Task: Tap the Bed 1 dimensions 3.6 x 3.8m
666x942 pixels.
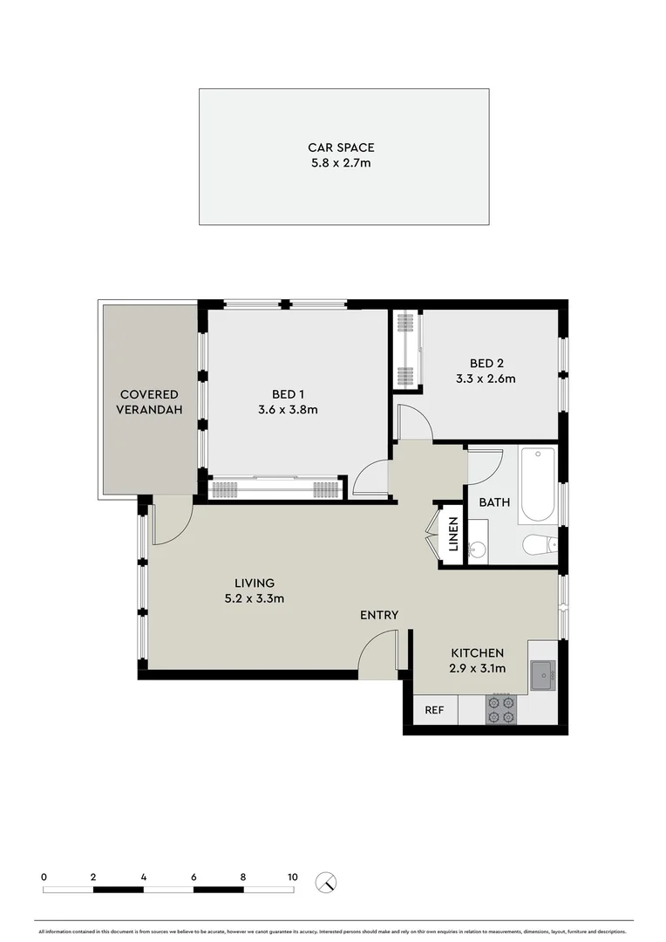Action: [288, 409]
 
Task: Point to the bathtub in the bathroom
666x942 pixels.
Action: [538, 483]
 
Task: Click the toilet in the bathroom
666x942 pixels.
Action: [539, 545]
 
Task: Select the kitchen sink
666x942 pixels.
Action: [542, 675]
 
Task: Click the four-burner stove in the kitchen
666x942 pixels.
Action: [501, 709]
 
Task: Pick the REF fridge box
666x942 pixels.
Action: [434, 710]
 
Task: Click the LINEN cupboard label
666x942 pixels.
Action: [452, 535]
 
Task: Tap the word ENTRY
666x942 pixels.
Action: [379, 615]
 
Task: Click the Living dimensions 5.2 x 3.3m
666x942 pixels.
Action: [254, 598]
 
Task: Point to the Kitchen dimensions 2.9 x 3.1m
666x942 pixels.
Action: [477, 668]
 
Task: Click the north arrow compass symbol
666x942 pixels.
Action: [326, 882]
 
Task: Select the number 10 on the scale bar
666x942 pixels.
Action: [293, 877]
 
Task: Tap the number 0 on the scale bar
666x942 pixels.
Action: [44, 877]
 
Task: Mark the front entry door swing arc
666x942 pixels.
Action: [377, 652]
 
